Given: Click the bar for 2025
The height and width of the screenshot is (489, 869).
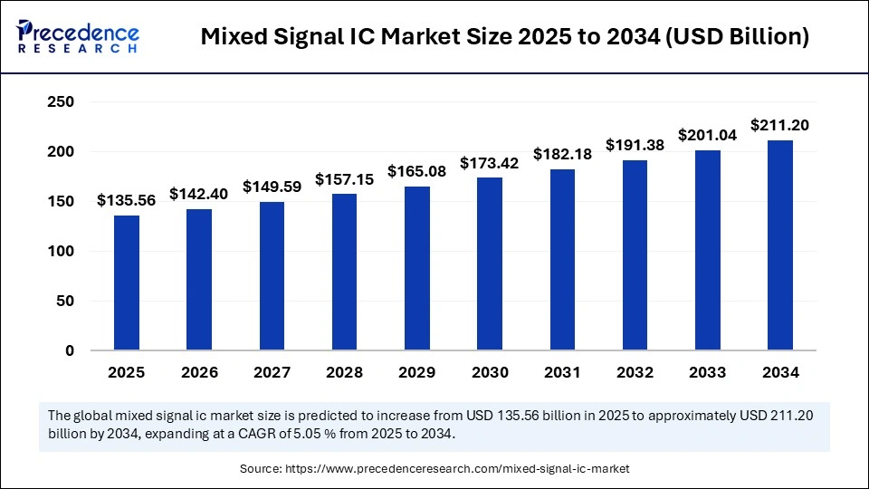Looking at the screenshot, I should (127, 283).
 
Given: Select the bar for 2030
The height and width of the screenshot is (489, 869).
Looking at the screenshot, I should (490, 264).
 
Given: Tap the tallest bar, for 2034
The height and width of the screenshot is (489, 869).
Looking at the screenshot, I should (780, 245).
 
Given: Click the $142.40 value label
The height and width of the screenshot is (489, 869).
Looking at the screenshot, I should (199, 195).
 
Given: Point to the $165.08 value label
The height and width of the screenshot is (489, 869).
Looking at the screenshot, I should (416, 171).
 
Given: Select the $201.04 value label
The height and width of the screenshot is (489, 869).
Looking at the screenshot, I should (708, 135).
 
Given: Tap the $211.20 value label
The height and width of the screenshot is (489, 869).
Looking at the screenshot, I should (780, 125).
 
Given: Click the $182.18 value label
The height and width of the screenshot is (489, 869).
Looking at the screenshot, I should (562, 154).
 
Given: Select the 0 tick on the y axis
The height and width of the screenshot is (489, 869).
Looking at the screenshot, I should (69, 351).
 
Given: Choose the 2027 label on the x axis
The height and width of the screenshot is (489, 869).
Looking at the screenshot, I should (272, 372).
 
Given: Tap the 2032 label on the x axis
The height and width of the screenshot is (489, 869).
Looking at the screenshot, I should (635, 372).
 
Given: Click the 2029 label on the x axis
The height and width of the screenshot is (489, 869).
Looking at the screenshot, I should (416, 372).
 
